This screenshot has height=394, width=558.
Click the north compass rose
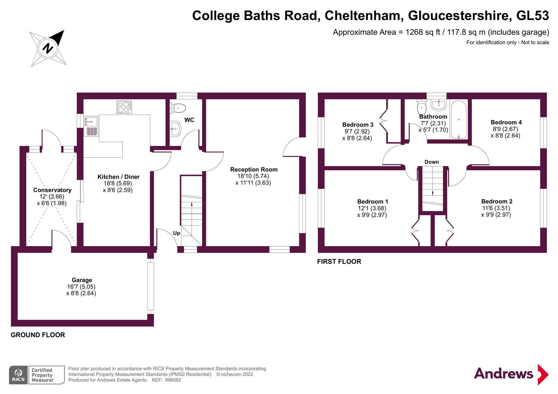point(48,48)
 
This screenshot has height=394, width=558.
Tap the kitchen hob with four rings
point(124,107)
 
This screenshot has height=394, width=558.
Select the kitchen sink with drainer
point(91,126)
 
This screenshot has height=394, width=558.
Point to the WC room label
point(189,120)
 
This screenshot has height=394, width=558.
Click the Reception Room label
point(254,170)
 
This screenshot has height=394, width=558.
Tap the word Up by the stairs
point(176,233)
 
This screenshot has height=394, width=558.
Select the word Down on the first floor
point(432,162)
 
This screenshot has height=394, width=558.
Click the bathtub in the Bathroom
point(459,120)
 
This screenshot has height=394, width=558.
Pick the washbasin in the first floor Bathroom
point(439,105)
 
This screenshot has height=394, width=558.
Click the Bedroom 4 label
point(506,122)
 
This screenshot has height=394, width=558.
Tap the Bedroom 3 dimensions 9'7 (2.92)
point(357,132)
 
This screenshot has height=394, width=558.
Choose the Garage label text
point(82,280)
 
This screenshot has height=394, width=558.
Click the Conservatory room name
point(52,190)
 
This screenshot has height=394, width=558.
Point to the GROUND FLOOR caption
point(38,335)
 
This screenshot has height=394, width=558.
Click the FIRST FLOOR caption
point(339,262)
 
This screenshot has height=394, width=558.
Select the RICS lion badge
point(18,375)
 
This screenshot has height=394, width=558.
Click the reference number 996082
point(173,380)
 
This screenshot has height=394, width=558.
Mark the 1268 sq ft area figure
point(423,32)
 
